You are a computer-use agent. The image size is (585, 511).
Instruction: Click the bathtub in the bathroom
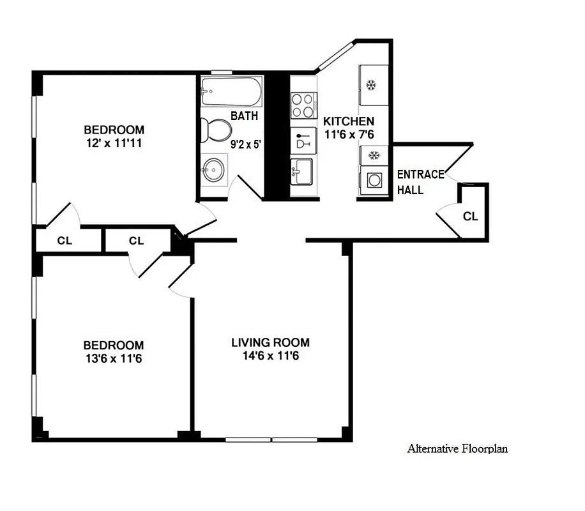click(x=231, y=92)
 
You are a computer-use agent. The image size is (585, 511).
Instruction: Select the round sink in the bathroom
click(x=212, y=171)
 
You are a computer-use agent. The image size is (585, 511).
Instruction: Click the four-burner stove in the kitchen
click(x=304, y=106)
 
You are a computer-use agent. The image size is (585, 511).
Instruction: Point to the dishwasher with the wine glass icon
click(x=304, y=140)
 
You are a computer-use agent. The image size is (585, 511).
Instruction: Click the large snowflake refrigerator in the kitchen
click(x=373, y=85)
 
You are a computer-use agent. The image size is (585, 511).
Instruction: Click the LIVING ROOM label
click(x=270, y=343)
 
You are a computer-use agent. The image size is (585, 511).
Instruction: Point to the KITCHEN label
click(x=349, y=121)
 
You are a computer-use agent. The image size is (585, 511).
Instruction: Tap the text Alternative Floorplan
click(x=457, y=449)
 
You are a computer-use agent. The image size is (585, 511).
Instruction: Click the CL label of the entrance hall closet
click(x=470, y=217)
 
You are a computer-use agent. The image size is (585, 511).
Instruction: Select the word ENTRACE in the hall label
click(x=421, y=174)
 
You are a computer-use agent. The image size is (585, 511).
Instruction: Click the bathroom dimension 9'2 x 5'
click(x=246, y=144)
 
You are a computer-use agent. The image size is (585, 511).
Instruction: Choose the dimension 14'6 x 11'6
click(x=270, y=356)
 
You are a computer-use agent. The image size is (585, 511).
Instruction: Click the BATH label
click(x=244, y=116)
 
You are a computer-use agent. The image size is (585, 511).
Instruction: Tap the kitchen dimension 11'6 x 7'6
click(x=349, y=134)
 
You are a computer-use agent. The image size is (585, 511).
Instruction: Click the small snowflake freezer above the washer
click(x=373, y=155)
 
